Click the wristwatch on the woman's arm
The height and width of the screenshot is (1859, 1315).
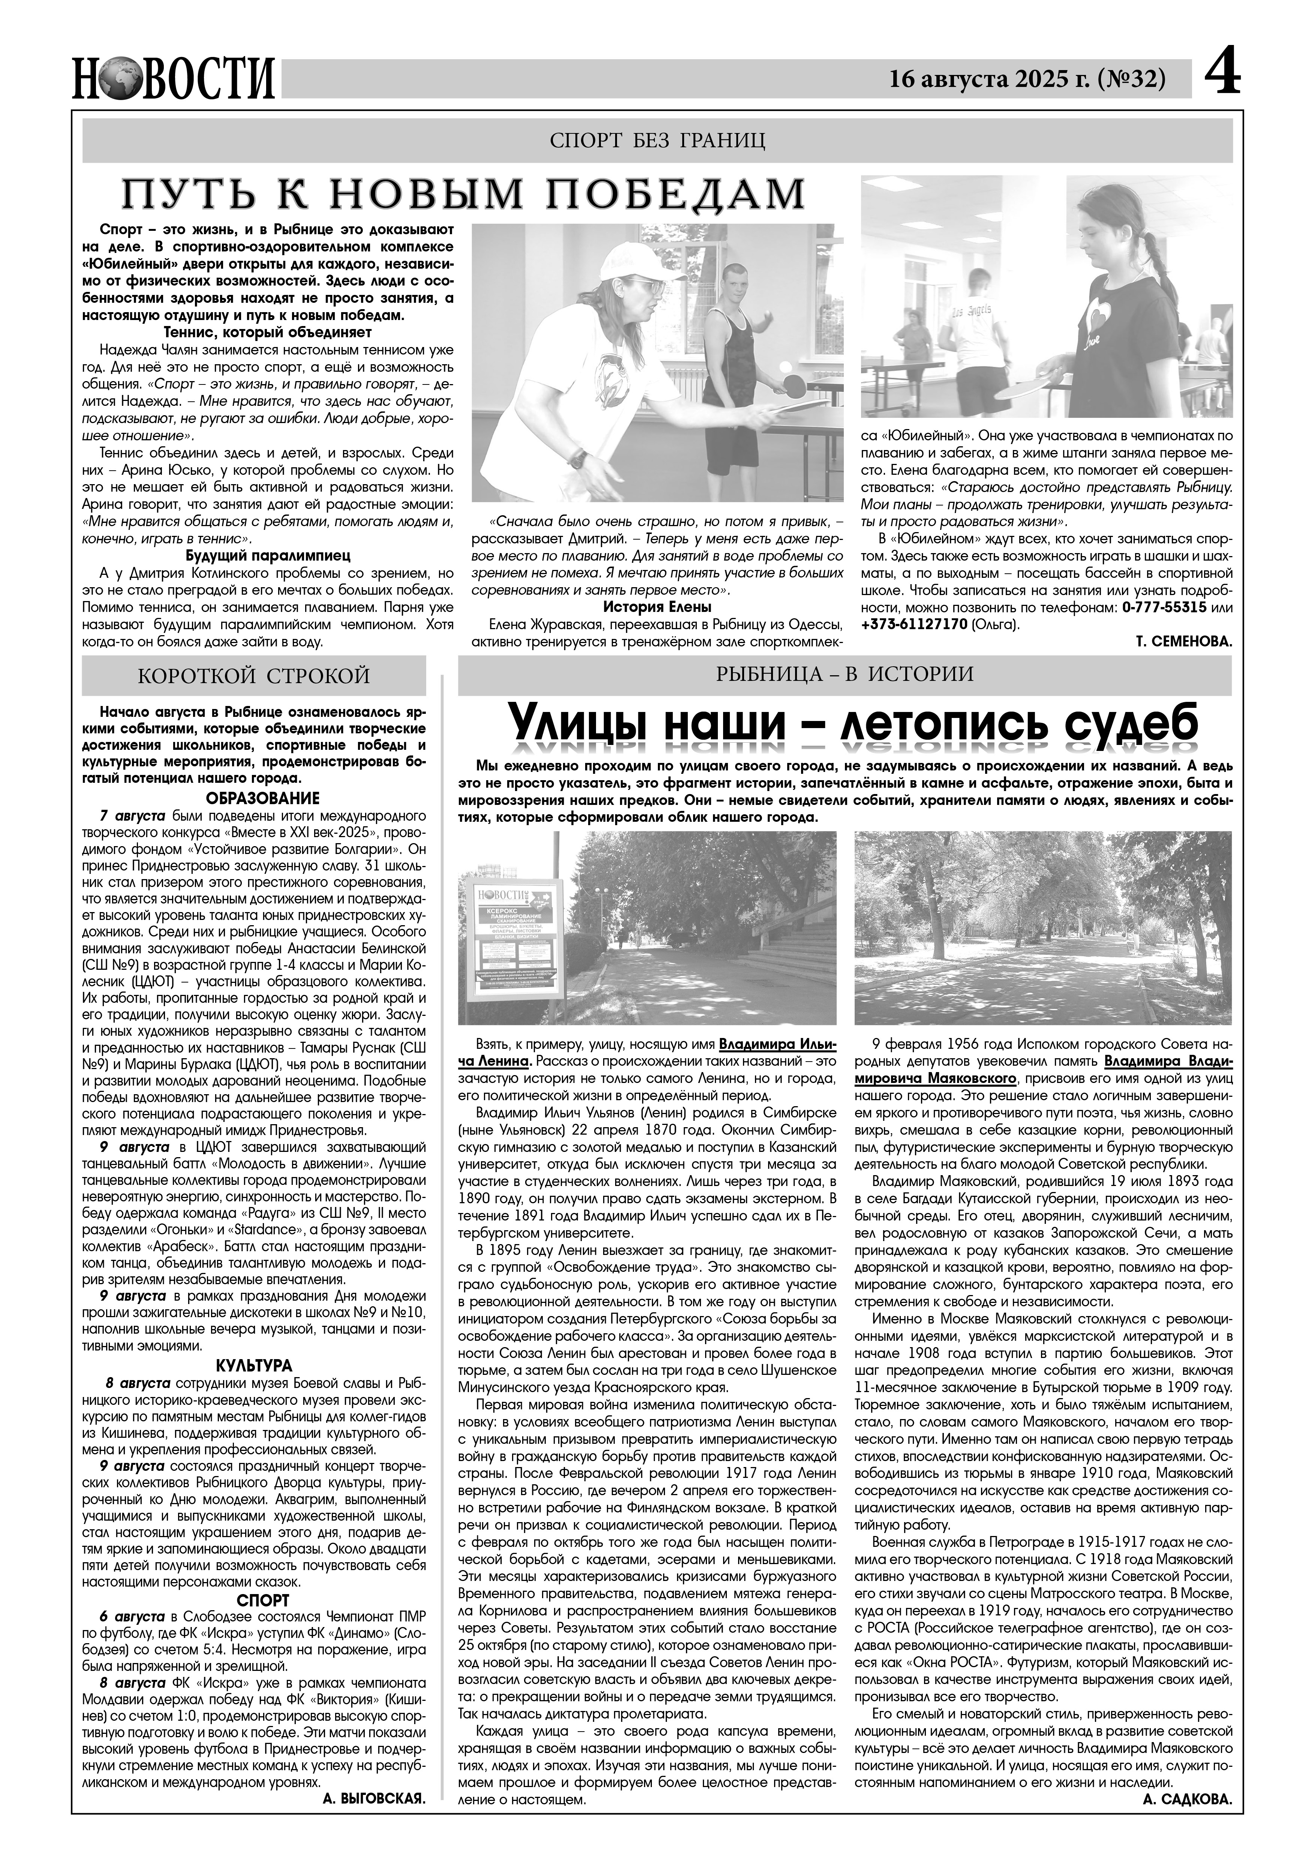tap(577, 458)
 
